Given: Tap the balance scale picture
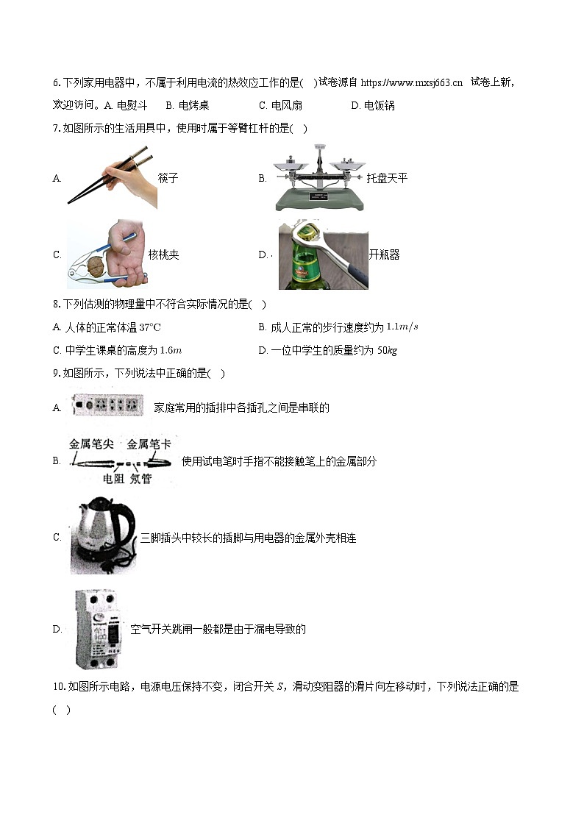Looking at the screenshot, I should point(319,178).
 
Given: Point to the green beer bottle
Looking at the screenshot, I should point(307,265).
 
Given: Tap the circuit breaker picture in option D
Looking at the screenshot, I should point(96,629).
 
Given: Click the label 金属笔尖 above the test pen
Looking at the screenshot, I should point(90,444).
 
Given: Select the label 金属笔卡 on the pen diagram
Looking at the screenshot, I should point(149,444).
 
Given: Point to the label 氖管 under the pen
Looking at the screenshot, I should point(140,479).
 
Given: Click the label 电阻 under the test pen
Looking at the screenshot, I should point(113,479).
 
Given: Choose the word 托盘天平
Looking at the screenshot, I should point(387,178).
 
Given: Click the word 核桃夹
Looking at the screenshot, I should point(163,255).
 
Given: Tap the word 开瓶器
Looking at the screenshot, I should point(384,255).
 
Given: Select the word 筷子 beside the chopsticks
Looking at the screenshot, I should point(168,178).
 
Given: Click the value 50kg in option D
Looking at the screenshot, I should point(387,351).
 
